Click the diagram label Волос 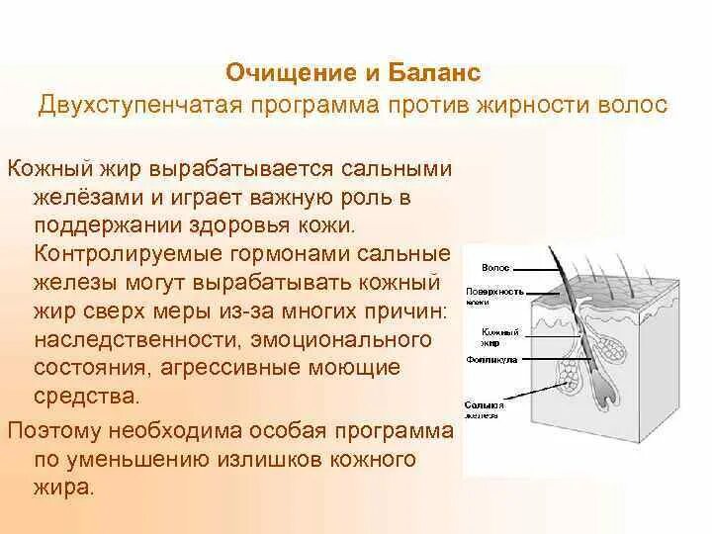(x=494, y=268)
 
